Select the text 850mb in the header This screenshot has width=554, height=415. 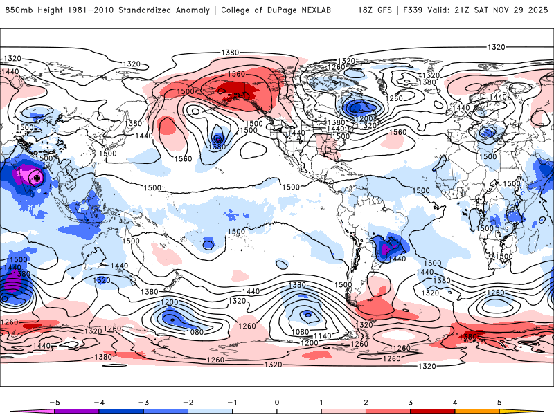coord(17,10)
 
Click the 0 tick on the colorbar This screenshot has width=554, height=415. coord(276,402)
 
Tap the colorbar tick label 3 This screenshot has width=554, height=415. coord(410,402)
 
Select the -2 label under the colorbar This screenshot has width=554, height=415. coord(187,402)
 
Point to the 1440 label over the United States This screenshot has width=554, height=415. coord(296,133)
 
